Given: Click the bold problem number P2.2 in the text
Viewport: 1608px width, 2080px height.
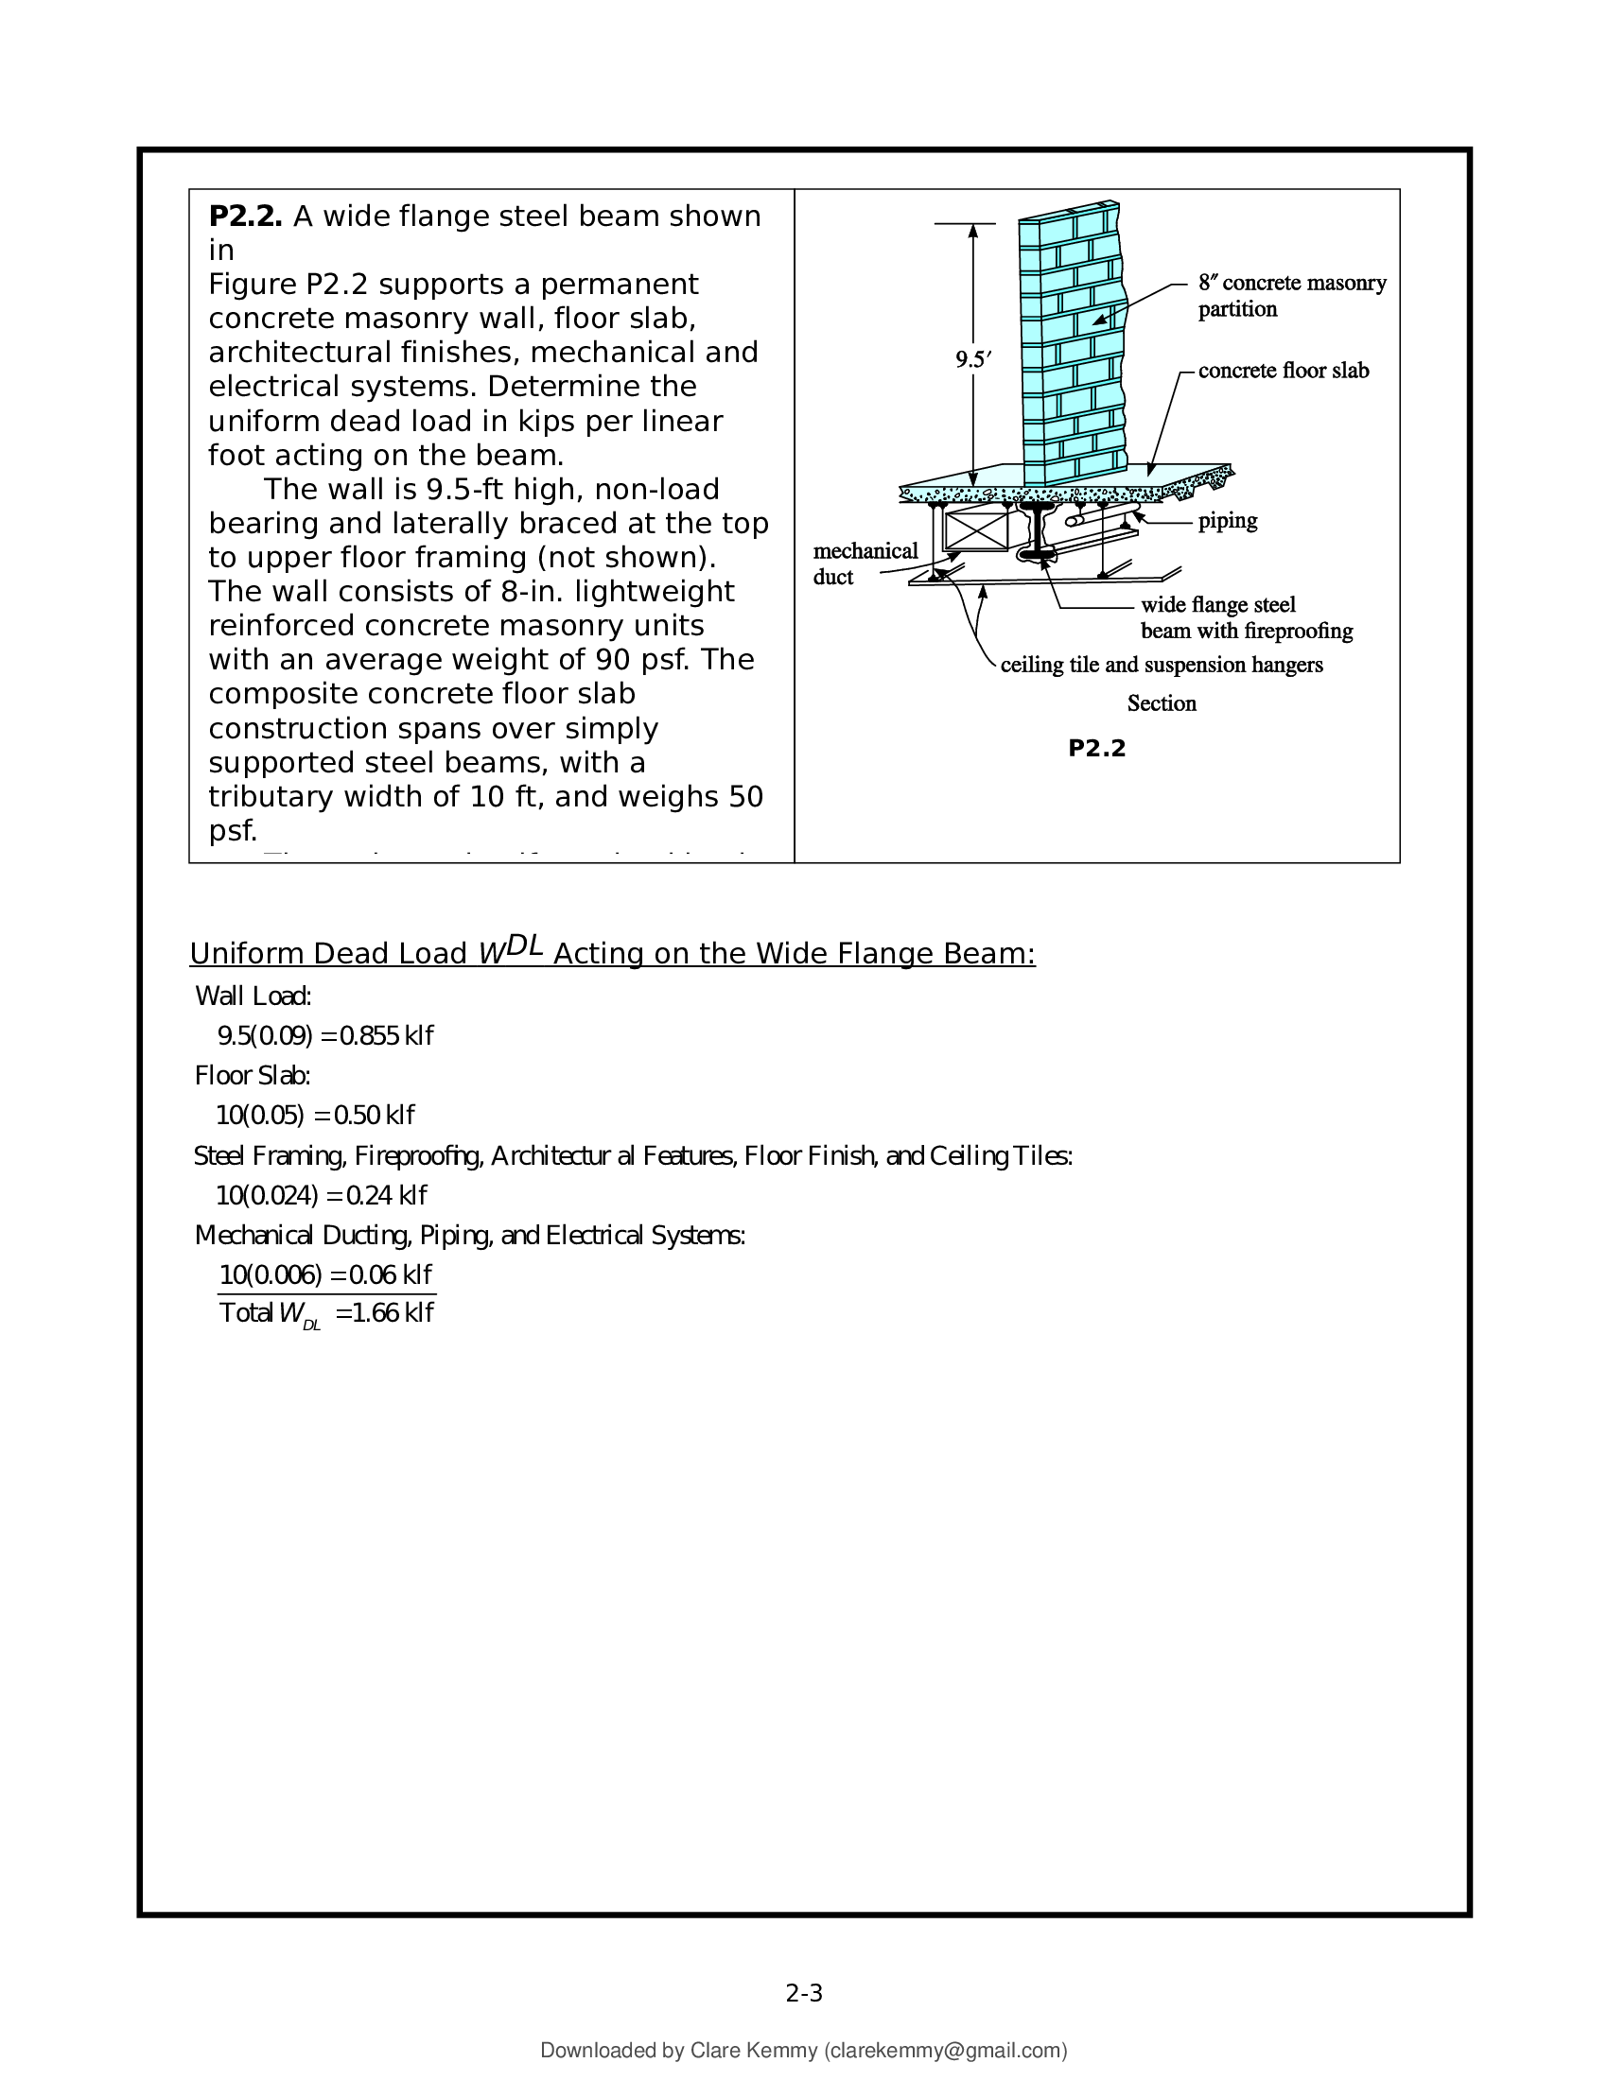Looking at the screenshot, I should (x=245, y=217).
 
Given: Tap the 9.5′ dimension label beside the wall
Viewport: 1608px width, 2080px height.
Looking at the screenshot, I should (x=973, y=360).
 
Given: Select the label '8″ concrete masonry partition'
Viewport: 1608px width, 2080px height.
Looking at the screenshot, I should (x=1291, y=295).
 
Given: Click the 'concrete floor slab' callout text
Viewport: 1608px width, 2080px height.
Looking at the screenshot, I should (x=1284, y=371).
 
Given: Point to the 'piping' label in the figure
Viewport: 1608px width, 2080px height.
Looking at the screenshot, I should (x=1227, y=521).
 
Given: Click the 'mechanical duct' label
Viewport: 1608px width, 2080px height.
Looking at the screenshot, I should (x=864, y=563).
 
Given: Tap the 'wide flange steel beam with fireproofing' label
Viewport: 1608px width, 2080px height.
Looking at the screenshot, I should (x=1245, y=617).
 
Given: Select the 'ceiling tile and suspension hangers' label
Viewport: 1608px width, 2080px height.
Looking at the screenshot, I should (x=1161, y=665).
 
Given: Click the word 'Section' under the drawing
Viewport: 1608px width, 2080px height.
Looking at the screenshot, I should (x=1162, y=703).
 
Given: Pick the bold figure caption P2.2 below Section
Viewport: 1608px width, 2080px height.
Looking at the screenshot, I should (x=1096, y=749).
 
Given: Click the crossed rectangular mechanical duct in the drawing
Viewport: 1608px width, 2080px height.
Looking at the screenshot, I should (x=975, y=530).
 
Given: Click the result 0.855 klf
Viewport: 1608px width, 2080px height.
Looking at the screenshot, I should (x=386, y=1036).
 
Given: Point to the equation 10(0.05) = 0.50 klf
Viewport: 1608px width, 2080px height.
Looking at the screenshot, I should (x=315, y=1116).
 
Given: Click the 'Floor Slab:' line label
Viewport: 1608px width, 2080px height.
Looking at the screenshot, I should (x=253, y=1076).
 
